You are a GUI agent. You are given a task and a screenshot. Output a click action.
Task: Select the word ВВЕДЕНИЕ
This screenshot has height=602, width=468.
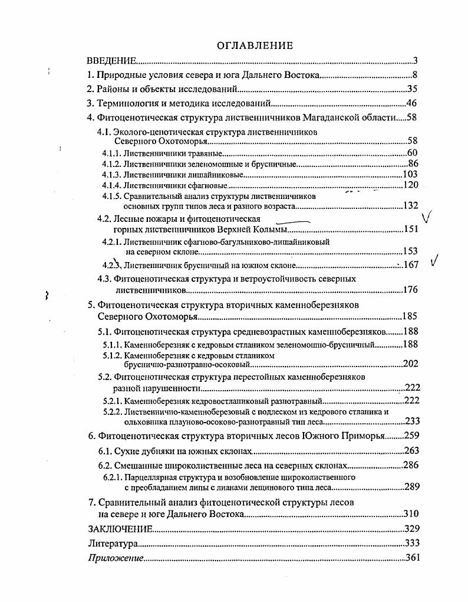tap(111, 60)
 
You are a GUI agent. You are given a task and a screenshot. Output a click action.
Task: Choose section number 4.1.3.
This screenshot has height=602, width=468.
tap(111, 174)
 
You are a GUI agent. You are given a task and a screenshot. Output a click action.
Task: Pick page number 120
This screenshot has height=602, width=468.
tap(410, 185)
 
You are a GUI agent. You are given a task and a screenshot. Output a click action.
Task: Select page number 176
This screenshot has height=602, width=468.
tap(410, 290)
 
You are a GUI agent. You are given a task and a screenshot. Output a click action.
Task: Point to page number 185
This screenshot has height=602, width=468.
tap(409, 316)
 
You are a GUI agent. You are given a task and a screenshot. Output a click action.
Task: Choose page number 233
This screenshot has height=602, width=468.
tap(411, 421)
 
